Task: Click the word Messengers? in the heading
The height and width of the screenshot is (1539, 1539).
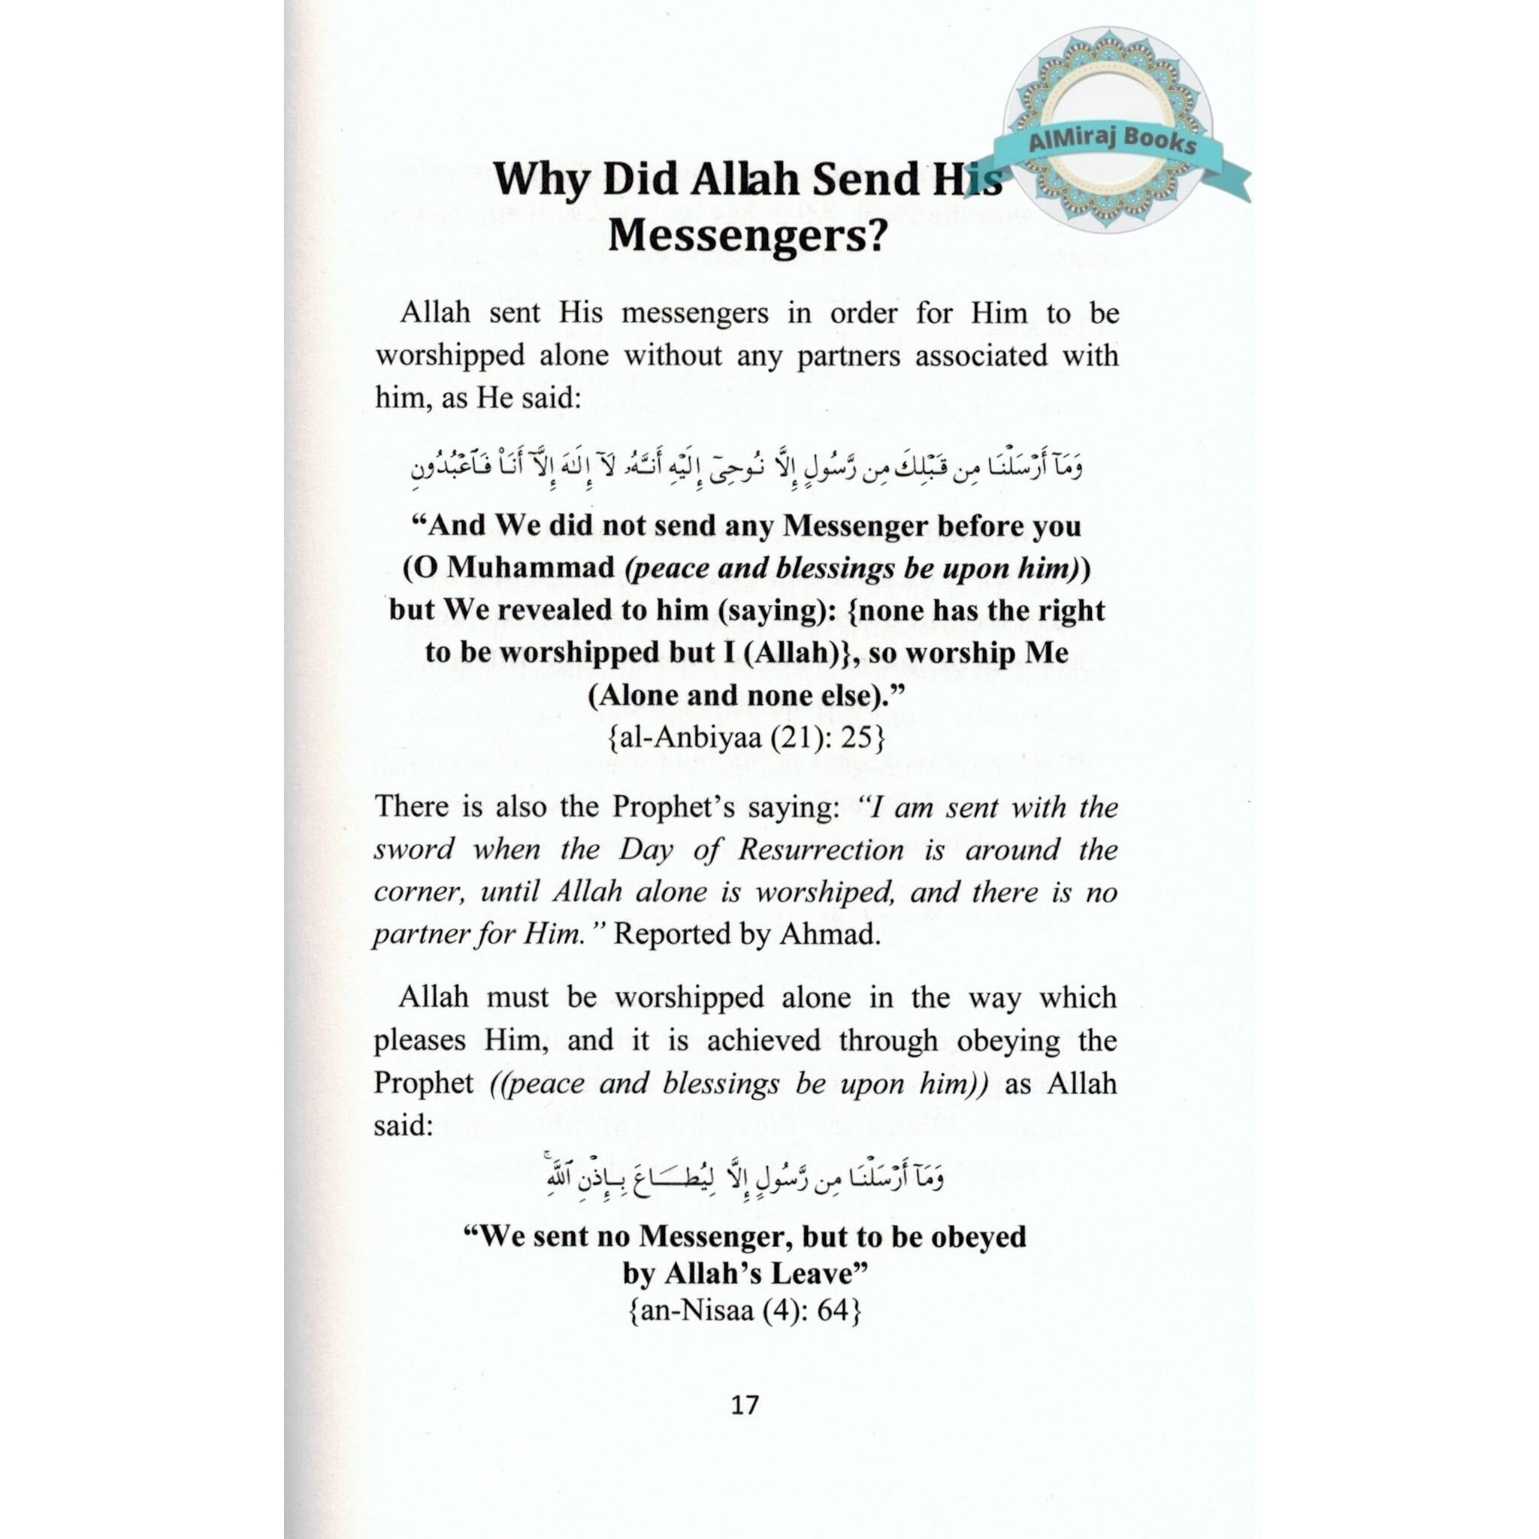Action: pos(746,236)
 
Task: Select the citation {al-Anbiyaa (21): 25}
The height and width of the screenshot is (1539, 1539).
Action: pos(745,739)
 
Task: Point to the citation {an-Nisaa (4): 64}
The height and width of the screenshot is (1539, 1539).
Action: pos(745,1310)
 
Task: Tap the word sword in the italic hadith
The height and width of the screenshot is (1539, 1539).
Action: pos(413,849)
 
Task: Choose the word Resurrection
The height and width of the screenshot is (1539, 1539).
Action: pos(821,849)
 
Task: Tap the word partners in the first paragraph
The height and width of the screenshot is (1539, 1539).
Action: pos(848,355)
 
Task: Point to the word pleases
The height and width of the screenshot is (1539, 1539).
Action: pos(419,1040)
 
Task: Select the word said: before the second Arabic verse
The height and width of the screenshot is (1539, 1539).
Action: pos(403,1125)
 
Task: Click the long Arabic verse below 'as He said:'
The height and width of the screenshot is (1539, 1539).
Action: pos(746,465)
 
